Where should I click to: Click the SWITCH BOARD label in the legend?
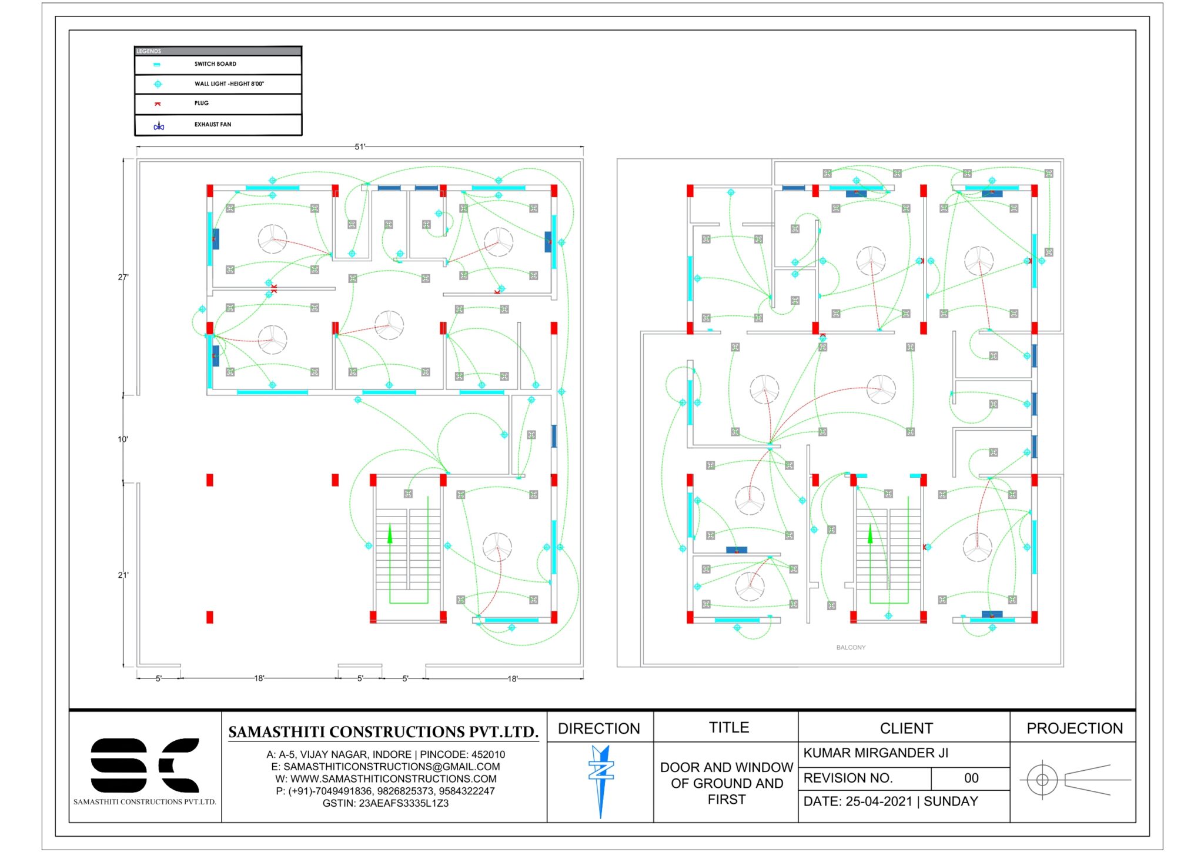point(215,64)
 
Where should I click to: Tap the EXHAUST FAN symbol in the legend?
point(159,126)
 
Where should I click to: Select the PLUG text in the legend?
point(202,103)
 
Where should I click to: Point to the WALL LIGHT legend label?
point(229,84)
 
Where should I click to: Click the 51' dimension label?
point(360,147)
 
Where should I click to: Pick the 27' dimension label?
point(123,277)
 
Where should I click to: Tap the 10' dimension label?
point(123,439)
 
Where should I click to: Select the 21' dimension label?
point(123,575)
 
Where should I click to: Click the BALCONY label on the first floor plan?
point(851,647)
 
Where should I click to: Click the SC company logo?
point(145,765)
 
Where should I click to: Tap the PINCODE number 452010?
point(487,754)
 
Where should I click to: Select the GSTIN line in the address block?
point(385,803)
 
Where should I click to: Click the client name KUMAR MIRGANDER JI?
point(875,753)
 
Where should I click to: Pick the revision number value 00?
point(971,778)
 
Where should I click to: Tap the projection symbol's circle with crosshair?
point(1042,780)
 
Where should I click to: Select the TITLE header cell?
point(728,727)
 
